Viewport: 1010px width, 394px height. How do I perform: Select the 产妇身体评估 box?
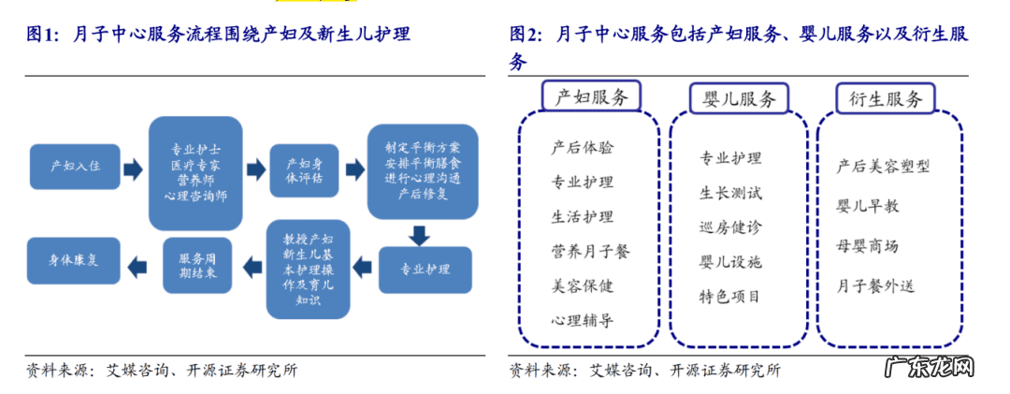point(303,170)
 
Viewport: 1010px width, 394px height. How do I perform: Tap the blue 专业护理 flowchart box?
point(425,270)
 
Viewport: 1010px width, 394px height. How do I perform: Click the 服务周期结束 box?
point(197,265)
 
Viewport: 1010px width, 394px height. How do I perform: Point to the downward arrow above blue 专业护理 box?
point(418,233)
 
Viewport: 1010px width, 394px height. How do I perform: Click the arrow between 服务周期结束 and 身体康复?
point(137,265)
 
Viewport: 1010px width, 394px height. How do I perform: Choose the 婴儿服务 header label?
point(739,99)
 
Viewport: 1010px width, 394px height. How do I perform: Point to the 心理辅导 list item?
point(583,320)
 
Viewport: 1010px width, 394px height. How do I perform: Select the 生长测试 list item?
point(730,193)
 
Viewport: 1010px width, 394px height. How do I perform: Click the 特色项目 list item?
point(730,297)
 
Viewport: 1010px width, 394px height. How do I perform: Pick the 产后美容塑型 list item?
point(884,166)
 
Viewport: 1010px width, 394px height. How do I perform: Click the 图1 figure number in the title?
point(43,35)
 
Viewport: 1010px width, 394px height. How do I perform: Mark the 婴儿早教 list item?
point(867,205)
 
